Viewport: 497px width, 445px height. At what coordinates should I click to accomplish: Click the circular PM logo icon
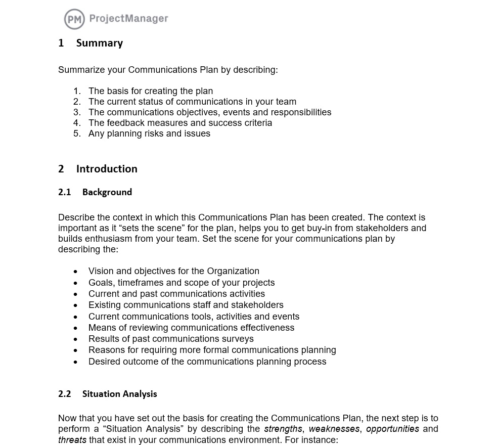[x=74, y=19]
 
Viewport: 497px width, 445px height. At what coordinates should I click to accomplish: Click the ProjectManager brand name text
[x=128, y=19]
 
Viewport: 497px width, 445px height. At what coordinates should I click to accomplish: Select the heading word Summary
[x=100, y=43]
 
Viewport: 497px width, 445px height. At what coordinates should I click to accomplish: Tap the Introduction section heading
[x=107, y=169]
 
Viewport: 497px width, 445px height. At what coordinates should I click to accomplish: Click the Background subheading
[x=107, y=192]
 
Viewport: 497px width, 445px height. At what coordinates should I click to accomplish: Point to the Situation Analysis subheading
[x=119, y=394]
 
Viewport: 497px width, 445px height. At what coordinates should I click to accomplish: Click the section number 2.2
[x=65, y=394]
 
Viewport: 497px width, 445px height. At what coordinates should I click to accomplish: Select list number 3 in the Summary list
[x=77, y=112]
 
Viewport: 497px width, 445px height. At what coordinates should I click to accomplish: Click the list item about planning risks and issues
[x=149, y=133]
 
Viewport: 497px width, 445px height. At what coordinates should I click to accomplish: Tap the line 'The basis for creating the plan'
[x=151, y=91]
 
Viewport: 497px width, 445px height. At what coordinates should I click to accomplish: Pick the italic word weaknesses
[x=334, y=429]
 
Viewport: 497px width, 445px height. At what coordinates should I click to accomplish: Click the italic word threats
[x=72, y=440]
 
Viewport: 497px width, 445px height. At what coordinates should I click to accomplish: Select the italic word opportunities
[x=392, y=429]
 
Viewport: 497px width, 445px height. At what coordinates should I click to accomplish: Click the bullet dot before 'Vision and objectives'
[x=76, y=272]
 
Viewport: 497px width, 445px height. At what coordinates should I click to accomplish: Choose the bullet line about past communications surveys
[x=171, y=339]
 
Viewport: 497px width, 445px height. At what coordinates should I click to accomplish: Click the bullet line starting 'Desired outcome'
[x=207, y=362]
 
